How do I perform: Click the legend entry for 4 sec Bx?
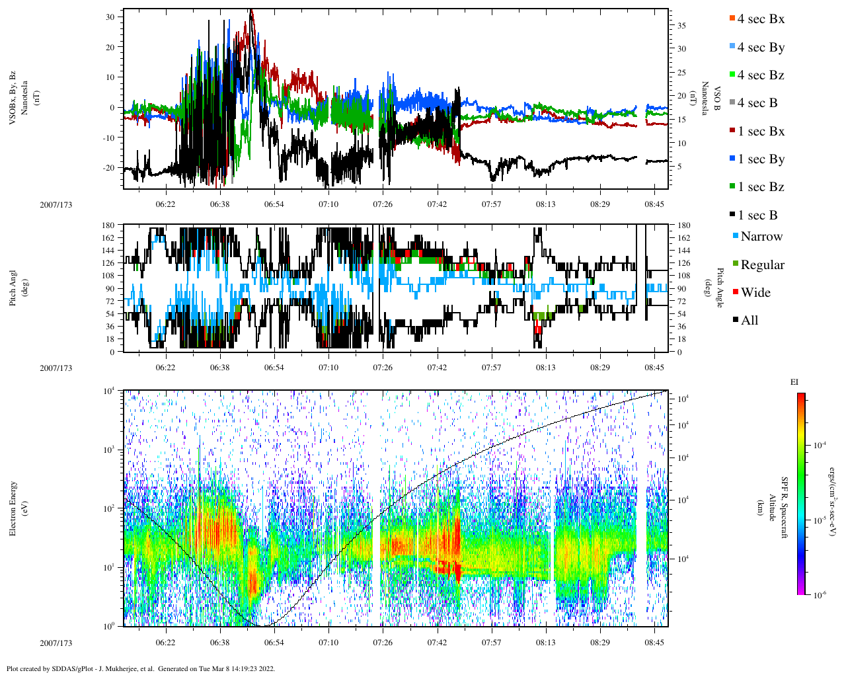pos(760,19)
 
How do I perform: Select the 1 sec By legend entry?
pos(761,159)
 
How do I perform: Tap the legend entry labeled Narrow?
pos(761,237)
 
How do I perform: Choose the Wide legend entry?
pos(755,293)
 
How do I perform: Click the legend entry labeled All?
pos(749,321)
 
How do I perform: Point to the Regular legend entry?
pos(761,265)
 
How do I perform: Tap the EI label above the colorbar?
pos(794,382)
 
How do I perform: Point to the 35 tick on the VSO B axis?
pos(681,26)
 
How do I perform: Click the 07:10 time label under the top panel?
pos(328,204)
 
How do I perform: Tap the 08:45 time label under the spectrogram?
pos(654,643)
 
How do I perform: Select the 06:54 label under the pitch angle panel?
pos(274,368)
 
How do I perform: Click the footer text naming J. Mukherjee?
pos(140,668)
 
